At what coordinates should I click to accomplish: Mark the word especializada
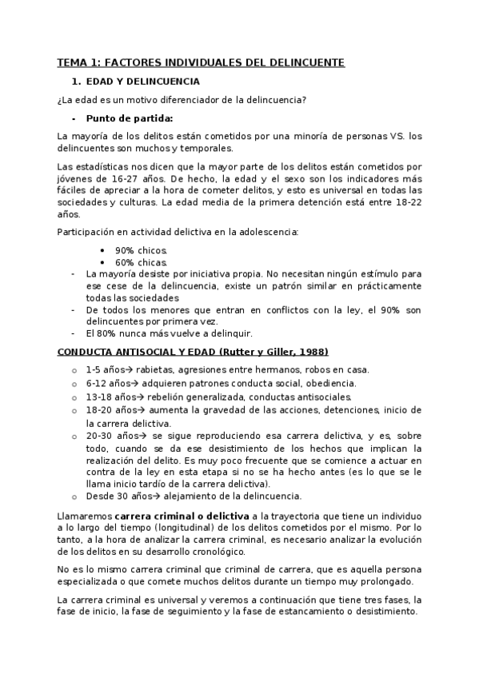[x=90, y=581]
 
